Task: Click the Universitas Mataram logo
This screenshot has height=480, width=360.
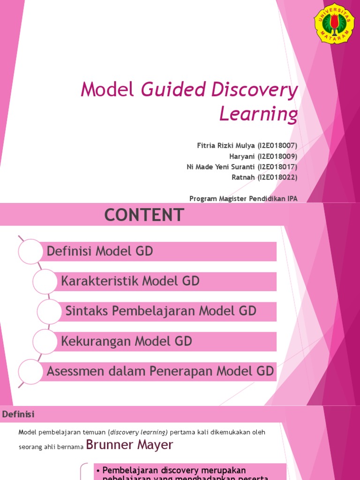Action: (334, 23)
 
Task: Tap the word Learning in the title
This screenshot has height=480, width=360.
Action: (258, 113)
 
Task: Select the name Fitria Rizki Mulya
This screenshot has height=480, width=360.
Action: (226, 146)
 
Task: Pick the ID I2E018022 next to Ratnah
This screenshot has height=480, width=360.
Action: (277, 177)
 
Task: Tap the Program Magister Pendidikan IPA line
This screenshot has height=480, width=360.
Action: (243, 198)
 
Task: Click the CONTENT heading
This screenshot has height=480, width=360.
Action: (144, 215)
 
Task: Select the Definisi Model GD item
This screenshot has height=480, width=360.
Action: (100, 252)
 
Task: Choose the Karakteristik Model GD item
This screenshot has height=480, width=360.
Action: (130, 281)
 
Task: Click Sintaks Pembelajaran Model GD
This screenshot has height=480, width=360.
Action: (161, 311)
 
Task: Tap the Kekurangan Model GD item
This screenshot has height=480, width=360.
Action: (127, 341)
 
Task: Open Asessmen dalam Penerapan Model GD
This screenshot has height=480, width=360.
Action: (160, 371)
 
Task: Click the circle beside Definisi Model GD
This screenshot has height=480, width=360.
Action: (30, 252)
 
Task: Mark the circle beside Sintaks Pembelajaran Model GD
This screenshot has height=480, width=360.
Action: (49, 311)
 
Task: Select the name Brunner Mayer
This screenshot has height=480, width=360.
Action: (130, 445)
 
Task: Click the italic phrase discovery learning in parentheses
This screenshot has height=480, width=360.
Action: (137, 432)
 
